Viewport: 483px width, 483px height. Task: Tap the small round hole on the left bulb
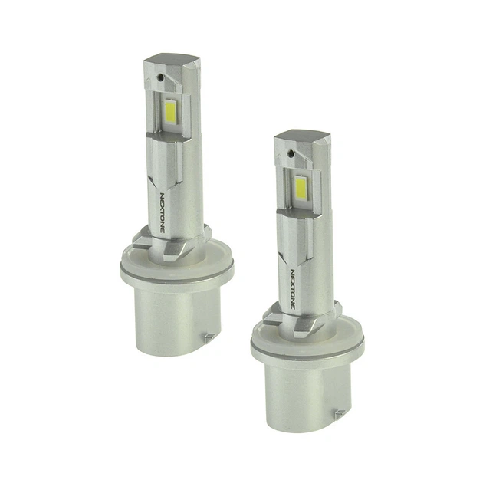(159, 78)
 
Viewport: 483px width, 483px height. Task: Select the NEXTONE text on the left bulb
(163, 212)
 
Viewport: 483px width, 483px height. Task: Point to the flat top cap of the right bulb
(302, 135)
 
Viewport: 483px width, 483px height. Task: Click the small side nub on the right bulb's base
(340, 414)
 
